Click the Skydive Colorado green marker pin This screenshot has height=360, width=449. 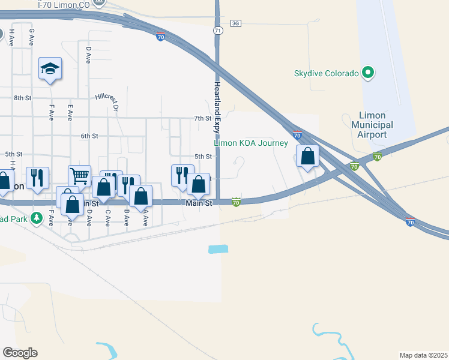[x=368, y=74]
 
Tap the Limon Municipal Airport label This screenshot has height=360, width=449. [x=376, y=125]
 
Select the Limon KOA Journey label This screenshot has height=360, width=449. [x=252, y=143]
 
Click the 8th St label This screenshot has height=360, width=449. [x=22, y=97]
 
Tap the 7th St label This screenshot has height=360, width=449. [x=202, y=118]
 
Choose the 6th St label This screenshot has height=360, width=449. [x=89, y=136]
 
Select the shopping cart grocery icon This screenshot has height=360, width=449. [x=79, y=175]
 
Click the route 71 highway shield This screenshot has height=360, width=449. [x=218, y=30]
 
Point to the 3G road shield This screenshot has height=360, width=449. [x=235, y=23]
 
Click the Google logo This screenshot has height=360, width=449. [x=20, y=352]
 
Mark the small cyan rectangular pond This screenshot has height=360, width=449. [x=218, y=248]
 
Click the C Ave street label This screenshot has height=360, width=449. [x=107, y=217]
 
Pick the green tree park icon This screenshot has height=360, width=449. [x=37, y=217]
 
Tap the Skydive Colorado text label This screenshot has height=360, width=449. [x=326, y=74]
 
